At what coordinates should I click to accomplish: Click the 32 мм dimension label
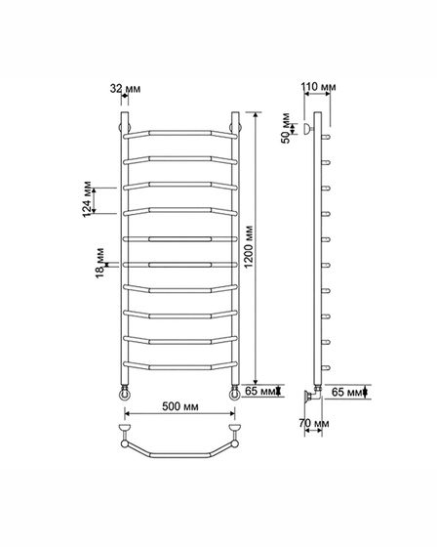[125, 89]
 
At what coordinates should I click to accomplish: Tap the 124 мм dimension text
[87, 199]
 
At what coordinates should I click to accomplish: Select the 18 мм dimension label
[99, 263]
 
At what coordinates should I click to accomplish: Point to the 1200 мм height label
[249, 246]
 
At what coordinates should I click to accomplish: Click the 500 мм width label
[180, 406]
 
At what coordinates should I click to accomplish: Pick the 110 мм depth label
[318, 86]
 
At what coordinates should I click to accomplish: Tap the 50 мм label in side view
[286, 128]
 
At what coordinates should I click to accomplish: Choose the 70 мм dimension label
[314, 423]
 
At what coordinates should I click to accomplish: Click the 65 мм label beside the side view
[346, 392]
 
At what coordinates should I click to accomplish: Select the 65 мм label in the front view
[260, 391]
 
